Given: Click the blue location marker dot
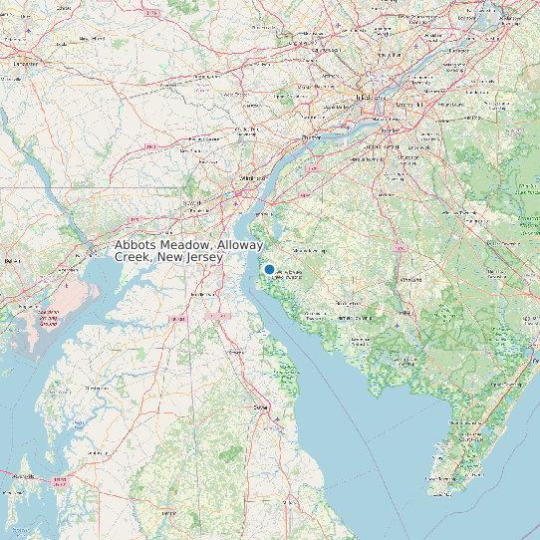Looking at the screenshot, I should tap(269, 269).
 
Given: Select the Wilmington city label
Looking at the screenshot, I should tap(246, 177).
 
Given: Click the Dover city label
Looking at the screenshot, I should tap(262, 407).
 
